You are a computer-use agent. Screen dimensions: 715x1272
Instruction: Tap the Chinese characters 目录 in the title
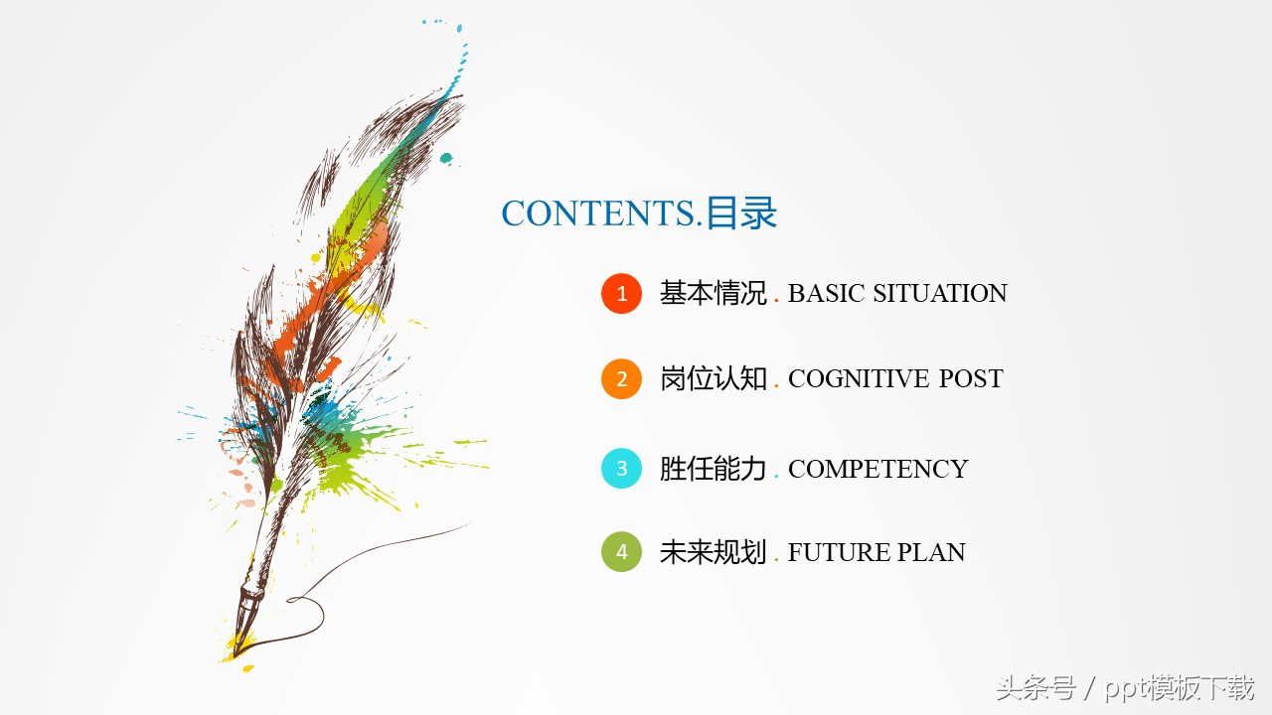click(x=740, y=214)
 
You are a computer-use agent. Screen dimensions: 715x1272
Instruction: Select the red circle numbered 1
click(x=622, y=294)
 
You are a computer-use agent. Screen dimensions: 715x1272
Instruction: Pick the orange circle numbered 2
click(x=622, y=379)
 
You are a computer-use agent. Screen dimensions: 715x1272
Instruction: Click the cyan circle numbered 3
click(x=622, y=469)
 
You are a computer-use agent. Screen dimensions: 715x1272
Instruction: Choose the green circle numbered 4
click(x=622, y=553)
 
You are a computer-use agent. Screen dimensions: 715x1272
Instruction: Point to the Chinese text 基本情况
click(x=713, y=294)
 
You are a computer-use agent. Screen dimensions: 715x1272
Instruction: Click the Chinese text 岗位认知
click(x=713, y=379)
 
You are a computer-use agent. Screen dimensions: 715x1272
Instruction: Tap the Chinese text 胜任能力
click(x=713, y=469)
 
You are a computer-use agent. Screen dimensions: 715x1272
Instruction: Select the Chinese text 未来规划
click(x=713, y=553)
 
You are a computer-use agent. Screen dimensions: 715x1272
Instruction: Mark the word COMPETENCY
click(x=877, y=469)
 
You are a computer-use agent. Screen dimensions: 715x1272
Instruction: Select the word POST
click(x=971, y=379)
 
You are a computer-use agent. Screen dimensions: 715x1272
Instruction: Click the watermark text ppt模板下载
click(x=1183, y=687)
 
